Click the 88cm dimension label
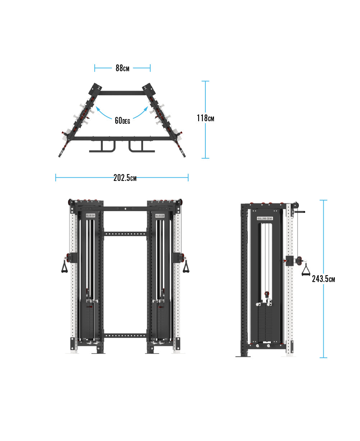point(122,68)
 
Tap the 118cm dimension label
point(205,118)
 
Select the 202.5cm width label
point(125,178)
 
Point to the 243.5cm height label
point(323,279)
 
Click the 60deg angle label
point(122,121)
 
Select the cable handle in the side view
point(306,270)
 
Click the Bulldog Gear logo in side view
point(265,218)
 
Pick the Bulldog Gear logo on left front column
point(91,216)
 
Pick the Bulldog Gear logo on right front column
point(160,216)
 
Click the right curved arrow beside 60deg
point(141,112)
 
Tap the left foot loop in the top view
point(102,146)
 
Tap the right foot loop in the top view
point(141,146)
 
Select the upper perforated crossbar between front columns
point(125,234)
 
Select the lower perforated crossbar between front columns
point(125,336)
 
